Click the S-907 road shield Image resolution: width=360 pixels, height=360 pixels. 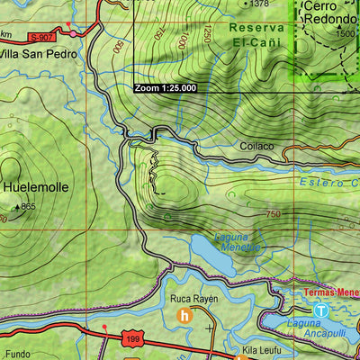click(41, 37)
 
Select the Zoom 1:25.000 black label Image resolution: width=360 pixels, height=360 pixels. click(165, 88)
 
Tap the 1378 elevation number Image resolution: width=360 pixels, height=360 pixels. click(259, 4)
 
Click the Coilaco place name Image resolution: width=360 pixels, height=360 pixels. click(256, 146)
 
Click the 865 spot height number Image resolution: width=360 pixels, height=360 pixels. click(28, 207)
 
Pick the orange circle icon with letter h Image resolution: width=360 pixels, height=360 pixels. click(184, 316)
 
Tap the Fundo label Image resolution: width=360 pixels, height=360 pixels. click(19, 354)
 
